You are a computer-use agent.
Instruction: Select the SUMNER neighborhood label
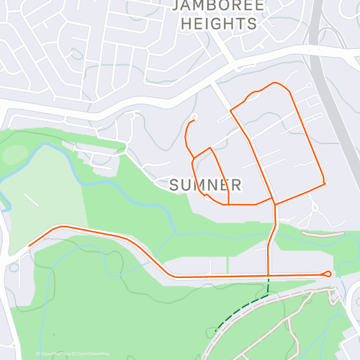[x=204, y=186]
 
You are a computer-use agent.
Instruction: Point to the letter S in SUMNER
[x=175, y=186]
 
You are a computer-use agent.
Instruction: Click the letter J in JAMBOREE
[x=177, y=6]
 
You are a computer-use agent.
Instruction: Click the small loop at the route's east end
[x=329, y=274]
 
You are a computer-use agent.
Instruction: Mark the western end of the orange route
[x=29, y=246]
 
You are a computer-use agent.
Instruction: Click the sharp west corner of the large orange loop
[x=230, y=110]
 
